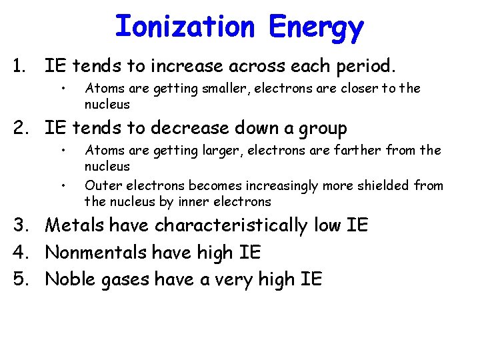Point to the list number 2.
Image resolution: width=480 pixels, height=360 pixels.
click(18, 128)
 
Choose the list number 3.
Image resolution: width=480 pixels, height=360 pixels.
click(18, 225)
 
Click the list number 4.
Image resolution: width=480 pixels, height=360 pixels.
click(18, 253)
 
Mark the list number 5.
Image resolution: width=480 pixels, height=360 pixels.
click(18, 279)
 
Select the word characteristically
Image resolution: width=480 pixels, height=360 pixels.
click(232, 226)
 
